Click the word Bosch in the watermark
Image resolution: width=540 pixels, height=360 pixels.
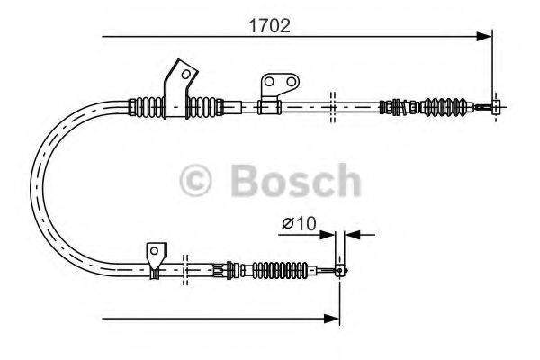294,181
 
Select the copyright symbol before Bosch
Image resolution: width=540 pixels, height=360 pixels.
200,181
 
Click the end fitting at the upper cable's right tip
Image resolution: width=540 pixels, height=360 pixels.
494,106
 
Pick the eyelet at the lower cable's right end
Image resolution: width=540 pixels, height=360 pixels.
340,269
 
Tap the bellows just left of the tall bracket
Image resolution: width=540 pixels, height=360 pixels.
147,106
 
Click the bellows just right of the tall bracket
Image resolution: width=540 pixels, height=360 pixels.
205,106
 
